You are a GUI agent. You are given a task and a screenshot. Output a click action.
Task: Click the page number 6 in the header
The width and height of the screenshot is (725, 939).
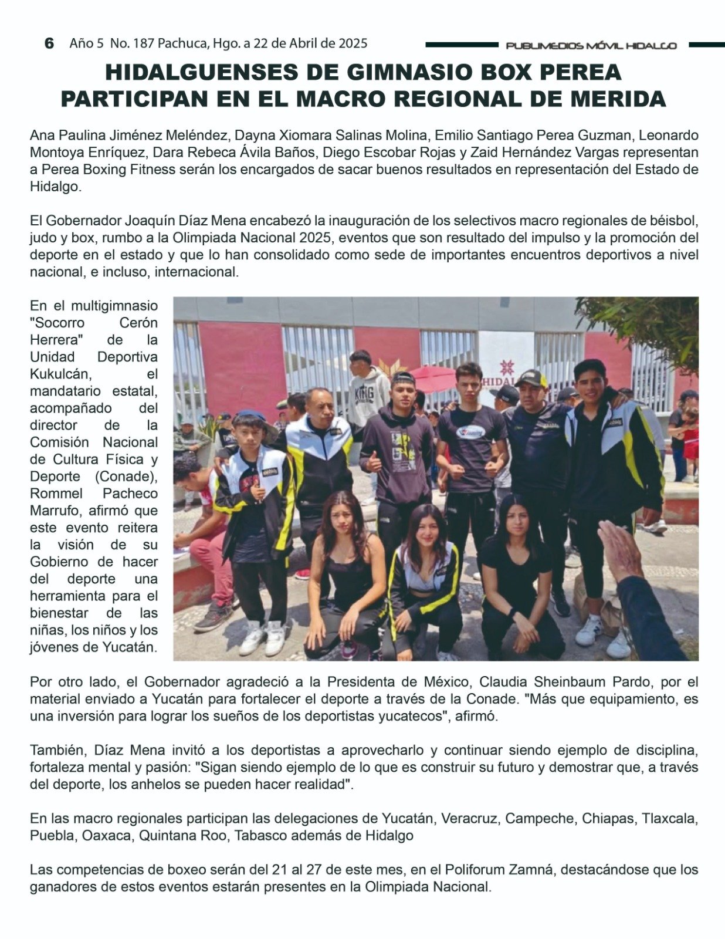pyautogui.click(x=49, y=43)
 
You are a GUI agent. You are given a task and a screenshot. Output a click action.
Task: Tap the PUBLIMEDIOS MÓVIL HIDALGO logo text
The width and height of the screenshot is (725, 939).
pyautogui.click(x=591, y=46)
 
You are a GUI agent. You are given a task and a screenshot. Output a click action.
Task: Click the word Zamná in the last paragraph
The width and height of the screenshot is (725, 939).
pyautogui.click(x=531, y=869)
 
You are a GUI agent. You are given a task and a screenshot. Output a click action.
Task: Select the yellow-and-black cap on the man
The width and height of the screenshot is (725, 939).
pyautogui.click(x=531, y=378)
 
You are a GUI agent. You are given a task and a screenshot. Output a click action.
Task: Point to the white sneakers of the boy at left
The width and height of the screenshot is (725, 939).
pyautogui.click(x=263, y=637)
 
